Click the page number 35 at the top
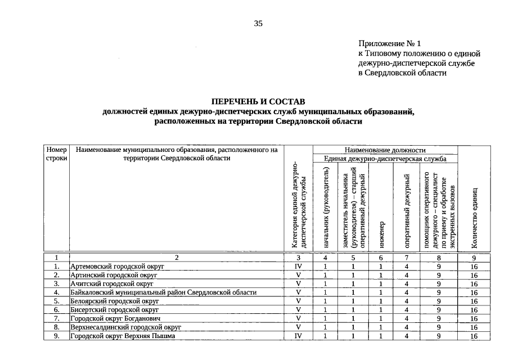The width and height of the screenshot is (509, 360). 258,23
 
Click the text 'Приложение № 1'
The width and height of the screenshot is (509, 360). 389,43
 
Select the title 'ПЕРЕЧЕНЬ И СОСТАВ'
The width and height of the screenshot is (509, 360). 258,101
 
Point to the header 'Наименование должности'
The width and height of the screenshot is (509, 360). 385,150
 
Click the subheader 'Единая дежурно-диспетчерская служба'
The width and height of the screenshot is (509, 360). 385,159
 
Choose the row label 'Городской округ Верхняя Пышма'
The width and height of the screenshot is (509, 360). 123,336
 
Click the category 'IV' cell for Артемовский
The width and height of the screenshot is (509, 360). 299,267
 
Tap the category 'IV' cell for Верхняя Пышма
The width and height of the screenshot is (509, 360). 299,336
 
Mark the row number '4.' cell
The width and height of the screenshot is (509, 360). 56,292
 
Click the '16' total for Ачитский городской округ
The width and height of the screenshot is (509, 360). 474,284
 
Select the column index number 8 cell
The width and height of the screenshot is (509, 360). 439,258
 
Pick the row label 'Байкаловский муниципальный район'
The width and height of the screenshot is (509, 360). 163,292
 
